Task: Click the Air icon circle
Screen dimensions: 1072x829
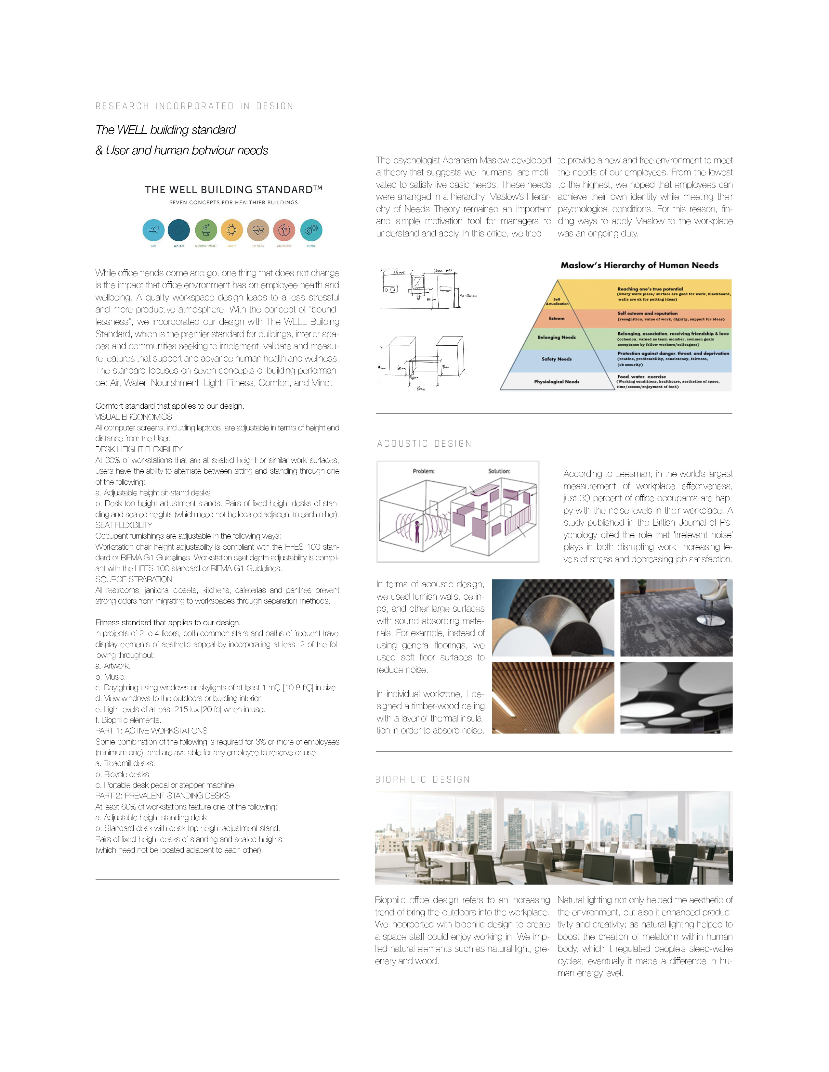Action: [153, 230]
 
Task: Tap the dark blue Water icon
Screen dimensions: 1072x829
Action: [179, 230]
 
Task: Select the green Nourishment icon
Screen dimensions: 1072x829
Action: [206, 230]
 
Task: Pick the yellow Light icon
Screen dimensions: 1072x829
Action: [232, 230]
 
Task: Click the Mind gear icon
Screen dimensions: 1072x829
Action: [311, 230]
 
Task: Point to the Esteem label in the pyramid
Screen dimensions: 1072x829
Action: [557, 319]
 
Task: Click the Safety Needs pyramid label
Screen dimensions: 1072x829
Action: [557, 359]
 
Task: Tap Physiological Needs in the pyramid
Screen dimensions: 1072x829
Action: [557, 381]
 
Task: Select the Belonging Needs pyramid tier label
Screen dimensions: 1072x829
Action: [557, 337]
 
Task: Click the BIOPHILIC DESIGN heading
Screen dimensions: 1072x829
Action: [422, 779]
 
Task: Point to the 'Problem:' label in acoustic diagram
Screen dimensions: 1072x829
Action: [423, 471]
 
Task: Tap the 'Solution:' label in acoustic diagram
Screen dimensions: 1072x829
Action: [499, 471]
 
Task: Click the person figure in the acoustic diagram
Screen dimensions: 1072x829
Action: [417, 531]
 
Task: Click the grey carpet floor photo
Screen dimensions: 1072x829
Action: [676, 618]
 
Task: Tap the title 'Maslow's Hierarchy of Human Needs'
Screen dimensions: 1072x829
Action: [639, 265]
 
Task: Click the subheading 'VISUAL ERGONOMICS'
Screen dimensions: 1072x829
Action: [134, 417]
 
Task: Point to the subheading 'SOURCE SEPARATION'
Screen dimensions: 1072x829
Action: [134, 579]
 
